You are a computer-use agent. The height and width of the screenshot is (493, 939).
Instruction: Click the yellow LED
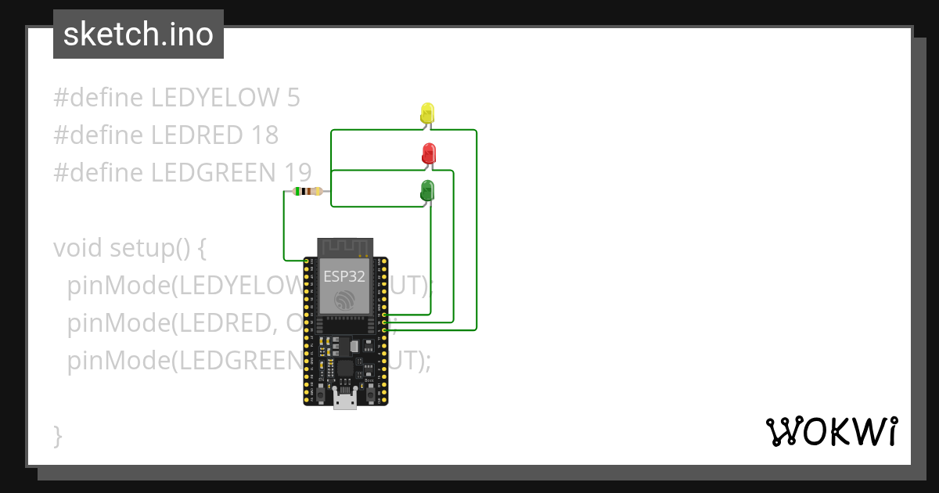tap(427, 113)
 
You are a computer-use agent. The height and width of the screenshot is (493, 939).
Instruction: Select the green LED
tap(427, 189)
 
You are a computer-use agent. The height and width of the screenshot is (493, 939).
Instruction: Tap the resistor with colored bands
tap(307, 192)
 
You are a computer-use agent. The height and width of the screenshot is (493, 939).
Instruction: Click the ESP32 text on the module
tap(344, 276)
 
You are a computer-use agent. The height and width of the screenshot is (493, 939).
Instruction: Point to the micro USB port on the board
tap(345, 400)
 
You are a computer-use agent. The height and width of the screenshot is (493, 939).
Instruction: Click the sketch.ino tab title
tap(139, 34)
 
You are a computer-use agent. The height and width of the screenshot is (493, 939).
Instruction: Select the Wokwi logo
tap(831, 431)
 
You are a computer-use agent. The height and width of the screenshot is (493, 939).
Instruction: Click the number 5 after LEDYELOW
tap(293, 98)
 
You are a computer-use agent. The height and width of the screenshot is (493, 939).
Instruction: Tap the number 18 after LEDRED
tap(264, 135)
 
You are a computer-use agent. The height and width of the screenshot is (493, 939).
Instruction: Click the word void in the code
tap(78, 248)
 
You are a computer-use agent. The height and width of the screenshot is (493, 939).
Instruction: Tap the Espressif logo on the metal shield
tap(345, 300)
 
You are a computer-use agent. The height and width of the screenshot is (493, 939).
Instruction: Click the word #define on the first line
tap(99, 98)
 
